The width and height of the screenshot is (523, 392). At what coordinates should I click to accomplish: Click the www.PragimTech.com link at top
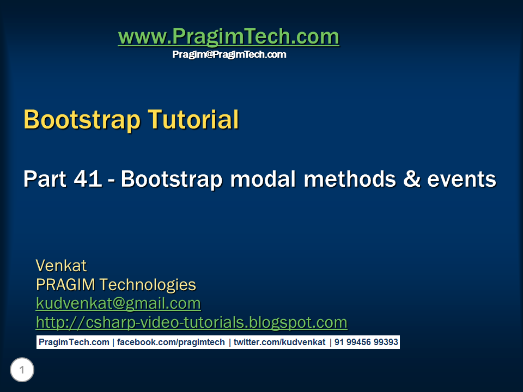[228, 37]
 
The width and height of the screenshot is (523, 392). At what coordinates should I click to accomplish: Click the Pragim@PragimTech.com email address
[229, 54]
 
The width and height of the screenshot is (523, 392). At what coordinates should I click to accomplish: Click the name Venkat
[61, 266]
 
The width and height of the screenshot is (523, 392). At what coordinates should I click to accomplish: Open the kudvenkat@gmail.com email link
[118, 303]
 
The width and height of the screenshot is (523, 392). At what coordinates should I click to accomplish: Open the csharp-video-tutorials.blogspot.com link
[191, 322]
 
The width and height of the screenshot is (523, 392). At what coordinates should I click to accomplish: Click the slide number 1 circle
[22, 371]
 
